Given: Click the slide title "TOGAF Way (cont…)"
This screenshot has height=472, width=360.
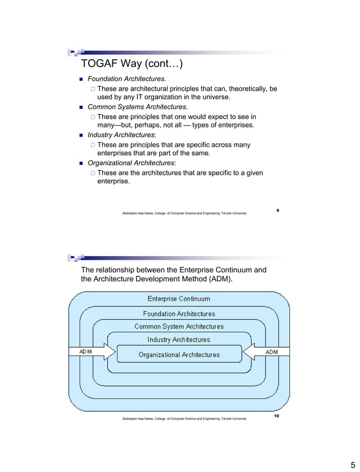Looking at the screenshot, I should point(132,63).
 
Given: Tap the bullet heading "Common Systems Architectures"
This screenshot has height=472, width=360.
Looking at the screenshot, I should point(137,107).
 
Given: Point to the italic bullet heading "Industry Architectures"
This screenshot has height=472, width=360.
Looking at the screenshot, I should point(120,135).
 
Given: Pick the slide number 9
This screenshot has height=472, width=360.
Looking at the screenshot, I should point(278,210).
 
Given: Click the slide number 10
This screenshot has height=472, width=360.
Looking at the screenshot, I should point(276,416).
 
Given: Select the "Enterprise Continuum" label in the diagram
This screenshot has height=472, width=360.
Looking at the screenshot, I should point(179,299).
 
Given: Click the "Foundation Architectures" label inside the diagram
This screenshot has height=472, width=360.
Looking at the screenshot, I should point(179,314).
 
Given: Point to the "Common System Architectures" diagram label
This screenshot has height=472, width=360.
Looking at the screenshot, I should point(179,327).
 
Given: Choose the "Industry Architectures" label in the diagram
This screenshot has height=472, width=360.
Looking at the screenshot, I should point(179,339).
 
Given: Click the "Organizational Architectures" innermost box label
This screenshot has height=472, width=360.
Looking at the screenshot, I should point(179,354).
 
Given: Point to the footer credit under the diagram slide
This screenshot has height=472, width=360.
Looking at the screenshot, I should point(184,418).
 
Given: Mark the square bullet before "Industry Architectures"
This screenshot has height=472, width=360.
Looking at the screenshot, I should point(81,135).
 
